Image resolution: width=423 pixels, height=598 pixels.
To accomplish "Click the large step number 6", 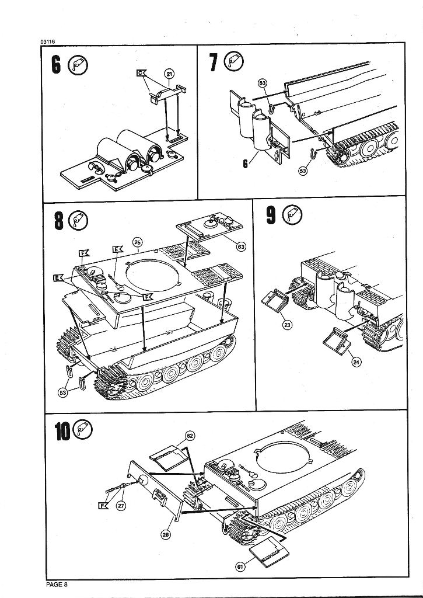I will click(56, 65).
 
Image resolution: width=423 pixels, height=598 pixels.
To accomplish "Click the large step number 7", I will click(213, 62).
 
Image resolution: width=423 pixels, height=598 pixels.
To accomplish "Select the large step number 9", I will click(271, 215).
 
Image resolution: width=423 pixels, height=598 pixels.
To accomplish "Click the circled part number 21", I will click(170, 74).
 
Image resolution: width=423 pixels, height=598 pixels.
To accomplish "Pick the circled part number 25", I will click(138, 241).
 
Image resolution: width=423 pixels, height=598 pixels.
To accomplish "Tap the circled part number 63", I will click(240, 246).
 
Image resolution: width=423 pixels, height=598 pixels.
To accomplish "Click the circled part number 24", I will click(356, 363).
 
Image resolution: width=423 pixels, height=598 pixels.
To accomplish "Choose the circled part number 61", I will click(241, 565).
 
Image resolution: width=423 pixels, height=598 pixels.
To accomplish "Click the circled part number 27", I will click(121, 506).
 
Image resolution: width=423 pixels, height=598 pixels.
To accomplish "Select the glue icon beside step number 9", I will click(291, 216).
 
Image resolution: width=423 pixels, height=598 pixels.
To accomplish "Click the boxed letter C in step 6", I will click(140, 73).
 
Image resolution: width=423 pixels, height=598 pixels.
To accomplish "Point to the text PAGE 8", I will click(57, 584).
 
